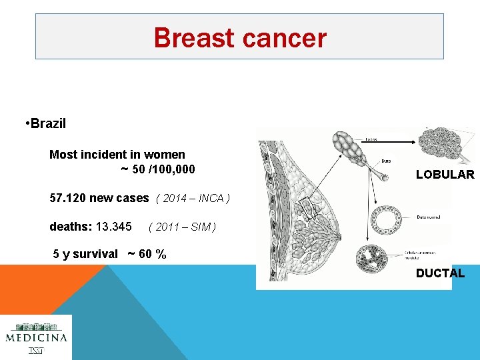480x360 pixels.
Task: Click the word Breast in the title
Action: tap(193, 38)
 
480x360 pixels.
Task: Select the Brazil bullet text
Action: tap(47, 124)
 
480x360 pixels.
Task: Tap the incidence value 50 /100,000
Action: tap(163, 169)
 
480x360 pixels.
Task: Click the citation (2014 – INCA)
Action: tap(193, 199)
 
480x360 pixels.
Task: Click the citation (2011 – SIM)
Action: tap(181, 227)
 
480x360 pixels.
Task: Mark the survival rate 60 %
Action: tap(153, 254)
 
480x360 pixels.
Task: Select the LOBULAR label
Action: tap(445, 175)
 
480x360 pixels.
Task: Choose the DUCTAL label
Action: tap(440, 273)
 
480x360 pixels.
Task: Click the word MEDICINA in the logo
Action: tap(37, 337)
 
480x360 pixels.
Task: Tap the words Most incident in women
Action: tap(117, 155)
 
